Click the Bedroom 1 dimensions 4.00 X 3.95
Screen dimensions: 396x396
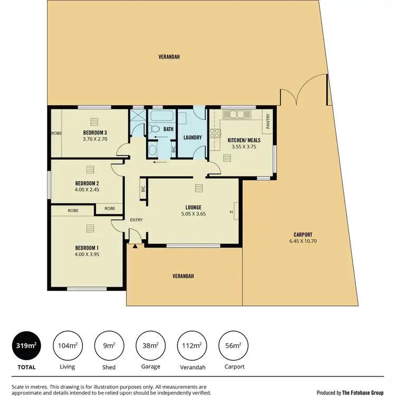point(87,254)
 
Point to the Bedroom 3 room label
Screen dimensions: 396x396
point(95,132)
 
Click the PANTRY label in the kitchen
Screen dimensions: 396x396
point(268,122)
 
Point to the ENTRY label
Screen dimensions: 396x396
point(136,220)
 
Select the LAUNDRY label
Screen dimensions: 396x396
point(193,138)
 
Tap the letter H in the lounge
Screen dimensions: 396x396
point(231,212)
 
